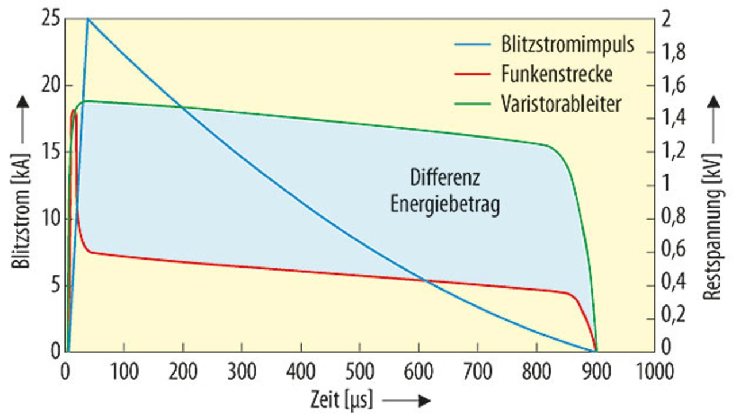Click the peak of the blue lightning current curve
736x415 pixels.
point(87,18)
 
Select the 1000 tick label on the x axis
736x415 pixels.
point(655,371)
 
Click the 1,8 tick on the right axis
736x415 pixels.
point(675,52)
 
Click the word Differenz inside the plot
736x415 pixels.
point(444,177)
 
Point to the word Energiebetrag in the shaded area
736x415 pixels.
point(444,204)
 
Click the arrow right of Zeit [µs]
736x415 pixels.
point(407,401)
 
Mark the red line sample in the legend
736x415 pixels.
point(471,74)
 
